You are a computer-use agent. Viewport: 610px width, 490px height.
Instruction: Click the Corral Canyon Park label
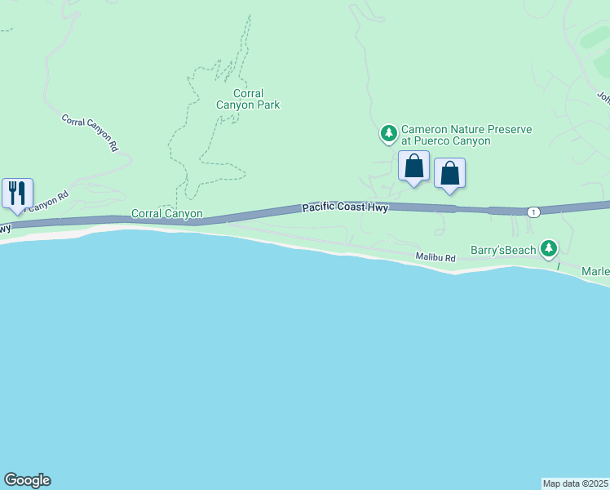coord(247,99)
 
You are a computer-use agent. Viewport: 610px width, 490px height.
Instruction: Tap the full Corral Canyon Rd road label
coord(91,131)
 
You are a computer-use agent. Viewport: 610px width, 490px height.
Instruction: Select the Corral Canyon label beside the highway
coord(166,214)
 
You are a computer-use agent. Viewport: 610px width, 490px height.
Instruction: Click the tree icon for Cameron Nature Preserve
coord(389,132)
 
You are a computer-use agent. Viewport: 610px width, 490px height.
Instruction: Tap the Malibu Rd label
coord(434,257)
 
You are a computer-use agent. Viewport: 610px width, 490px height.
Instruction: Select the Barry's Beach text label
coord(504,250)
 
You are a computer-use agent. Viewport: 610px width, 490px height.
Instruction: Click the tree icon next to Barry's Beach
coord(550,247)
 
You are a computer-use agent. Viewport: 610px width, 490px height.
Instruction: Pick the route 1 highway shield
coord(533,212)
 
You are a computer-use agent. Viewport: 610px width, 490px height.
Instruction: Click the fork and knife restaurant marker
coord(17,193)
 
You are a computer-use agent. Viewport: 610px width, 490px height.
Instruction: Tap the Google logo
coord(27,480)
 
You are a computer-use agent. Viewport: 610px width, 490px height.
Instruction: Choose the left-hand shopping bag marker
coord(413,166)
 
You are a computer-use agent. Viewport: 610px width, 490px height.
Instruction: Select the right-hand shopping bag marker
coord(449,173)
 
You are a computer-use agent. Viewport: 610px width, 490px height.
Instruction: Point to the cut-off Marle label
coord(595,271)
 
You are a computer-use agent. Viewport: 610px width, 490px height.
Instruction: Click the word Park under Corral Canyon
coord(267,105)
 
